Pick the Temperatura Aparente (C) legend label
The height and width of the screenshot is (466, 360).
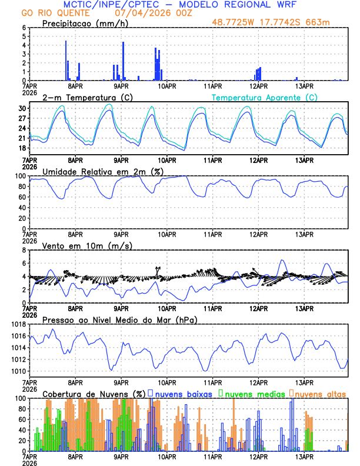pos(265,97)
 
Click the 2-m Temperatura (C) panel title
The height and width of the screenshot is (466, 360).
pos(86,97)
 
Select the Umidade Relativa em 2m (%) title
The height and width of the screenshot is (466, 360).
pos(103,171)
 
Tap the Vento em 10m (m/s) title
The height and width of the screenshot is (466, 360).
pos(79,245)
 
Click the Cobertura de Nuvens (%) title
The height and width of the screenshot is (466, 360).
pos(94,393)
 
